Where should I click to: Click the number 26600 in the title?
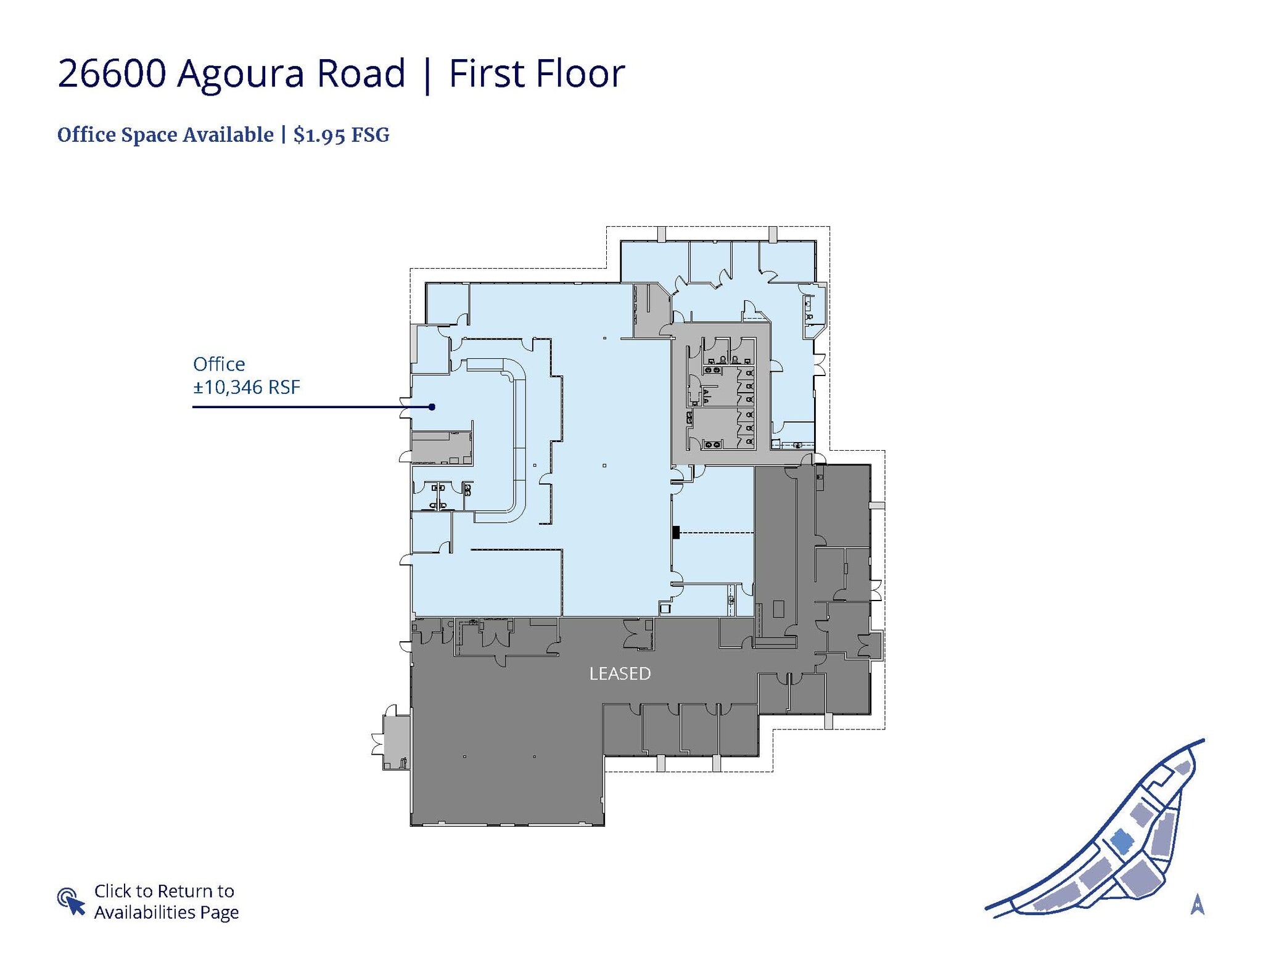click(112, 74)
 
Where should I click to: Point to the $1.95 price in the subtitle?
click(319, 135)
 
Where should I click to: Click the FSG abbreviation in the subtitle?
click(370, 135)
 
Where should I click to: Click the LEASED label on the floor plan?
click(620, 673)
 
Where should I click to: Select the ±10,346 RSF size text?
click(247, 387)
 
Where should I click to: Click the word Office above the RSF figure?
click(219, 364)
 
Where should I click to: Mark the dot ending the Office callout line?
click(432, 407)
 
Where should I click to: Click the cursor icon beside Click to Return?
click(71, 901)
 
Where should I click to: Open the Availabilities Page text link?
click(166, 912)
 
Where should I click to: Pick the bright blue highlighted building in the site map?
click(1122, 841)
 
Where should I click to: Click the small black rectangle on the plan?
click(676, 531)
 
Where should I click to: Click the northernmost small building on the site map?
click(1183, 768)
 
